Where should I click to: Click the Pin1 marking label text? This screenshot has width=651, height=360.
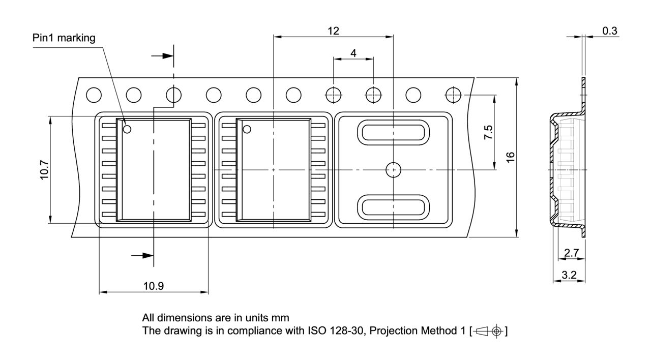click(64, 38)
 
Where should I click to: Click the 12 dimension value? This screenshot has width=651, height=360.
click(333, 31)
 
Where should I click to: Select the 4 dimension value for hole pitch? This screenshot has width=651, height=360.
click(353, 53)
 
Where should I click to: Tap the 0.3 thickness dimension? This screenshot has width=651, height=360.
click(610, 31)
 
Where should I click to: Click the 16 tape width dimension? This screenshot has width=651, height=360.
click(511, 158)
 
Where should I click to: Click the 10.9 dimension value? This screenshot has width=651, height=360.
click(153, 286)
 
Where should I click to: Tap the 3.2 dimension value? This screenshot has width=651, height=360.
click(569, 276)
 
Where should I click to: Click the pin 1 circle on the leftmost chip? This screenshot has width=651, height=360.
click(127, 129)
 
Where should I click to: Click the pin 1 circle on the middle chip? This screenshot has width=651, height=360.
click(247, 129)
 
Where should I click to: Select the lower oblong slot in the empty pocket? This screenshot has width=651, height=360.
click(393, 207)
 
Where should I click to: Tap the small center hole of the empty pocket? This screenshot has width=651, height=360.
click(393, 170)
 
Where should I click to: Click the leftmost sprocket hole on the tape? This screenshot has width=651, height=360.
click(94, 95)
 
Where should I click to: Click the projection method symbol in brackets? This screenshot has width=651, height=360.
click(489, 332)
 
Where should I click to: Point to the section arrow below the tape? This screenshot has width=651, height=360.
click(142, 255)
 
